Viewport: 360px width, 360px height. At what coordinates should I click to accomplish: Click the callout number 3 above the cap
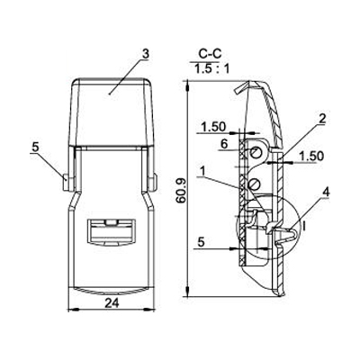145,54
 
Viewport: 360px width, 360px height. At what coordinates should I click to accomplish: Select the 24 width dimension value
112,303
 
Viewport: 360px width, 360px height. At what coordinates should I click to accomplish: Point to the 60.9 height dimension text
181,192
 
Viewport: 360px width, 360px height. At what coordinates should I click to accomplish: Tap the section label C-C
210,54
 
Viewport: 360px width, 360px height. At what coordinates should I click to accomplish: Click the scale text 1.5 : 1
212,69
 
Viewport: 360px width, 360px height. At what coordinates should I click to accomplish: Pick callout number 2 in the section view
322,119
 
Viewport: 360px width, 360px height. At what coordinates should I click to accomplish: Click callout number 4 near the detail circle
326,193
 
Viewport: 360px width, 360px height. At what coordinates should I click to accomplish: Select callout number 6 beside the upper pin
224,145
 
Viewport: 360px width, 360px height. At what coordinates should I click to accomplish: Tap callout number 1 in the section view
203,172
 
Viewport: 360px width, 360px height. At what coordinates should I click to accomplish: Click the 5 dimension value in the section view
202,242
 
